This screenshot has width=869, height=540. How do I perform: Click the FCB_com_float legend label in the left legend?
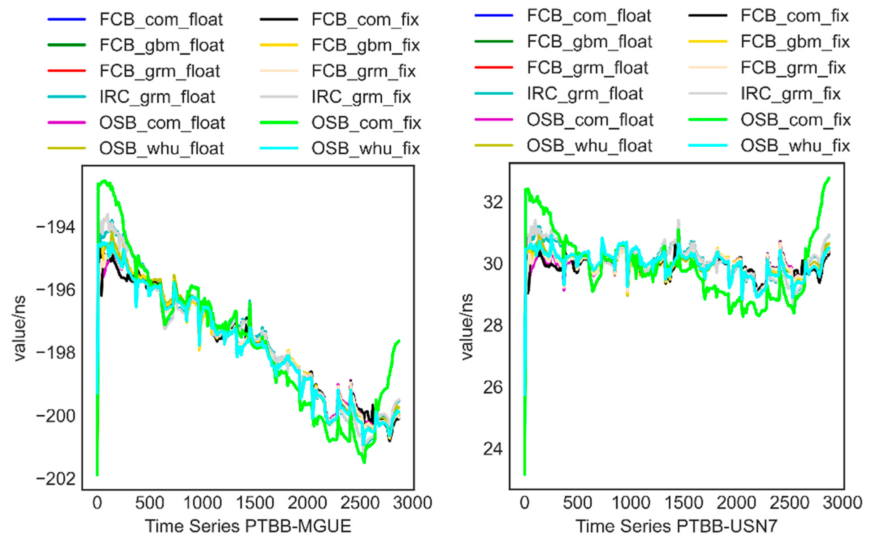click(161, 19)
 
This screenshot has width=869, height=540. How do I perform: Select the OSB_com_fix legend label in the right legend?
click(795, 120)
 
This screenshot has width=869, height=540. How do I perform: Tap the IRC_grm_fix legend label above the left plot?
click(361, 97)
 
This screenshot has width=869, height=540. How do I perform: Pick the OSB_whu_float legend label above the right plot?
click(589, 146)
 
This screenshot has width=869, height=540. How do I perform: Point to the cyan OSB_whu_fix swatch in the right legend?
click(707, 146)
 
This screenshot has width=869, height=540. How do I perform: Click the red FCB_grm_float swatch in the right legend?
click(494, 67)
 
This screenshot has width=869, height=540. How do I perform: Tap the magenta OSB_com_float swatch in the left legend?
click(67, 123)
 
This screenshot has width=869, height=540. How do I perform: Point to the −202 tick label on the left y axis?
click(56, 479)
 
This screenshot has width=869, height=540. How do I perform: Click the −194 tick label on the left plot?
click(56, 227)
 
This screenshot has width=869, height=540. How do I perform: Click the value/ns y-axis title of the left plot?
click(20, 328)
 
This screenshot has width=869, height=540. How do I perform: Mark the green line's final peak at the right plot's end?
click(829, 178)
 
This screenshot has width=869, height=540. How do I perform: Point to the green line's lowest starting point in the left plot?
click(97, 475)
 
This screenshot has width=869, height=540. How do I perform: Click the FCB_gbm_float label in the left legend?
click(162, 45)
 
